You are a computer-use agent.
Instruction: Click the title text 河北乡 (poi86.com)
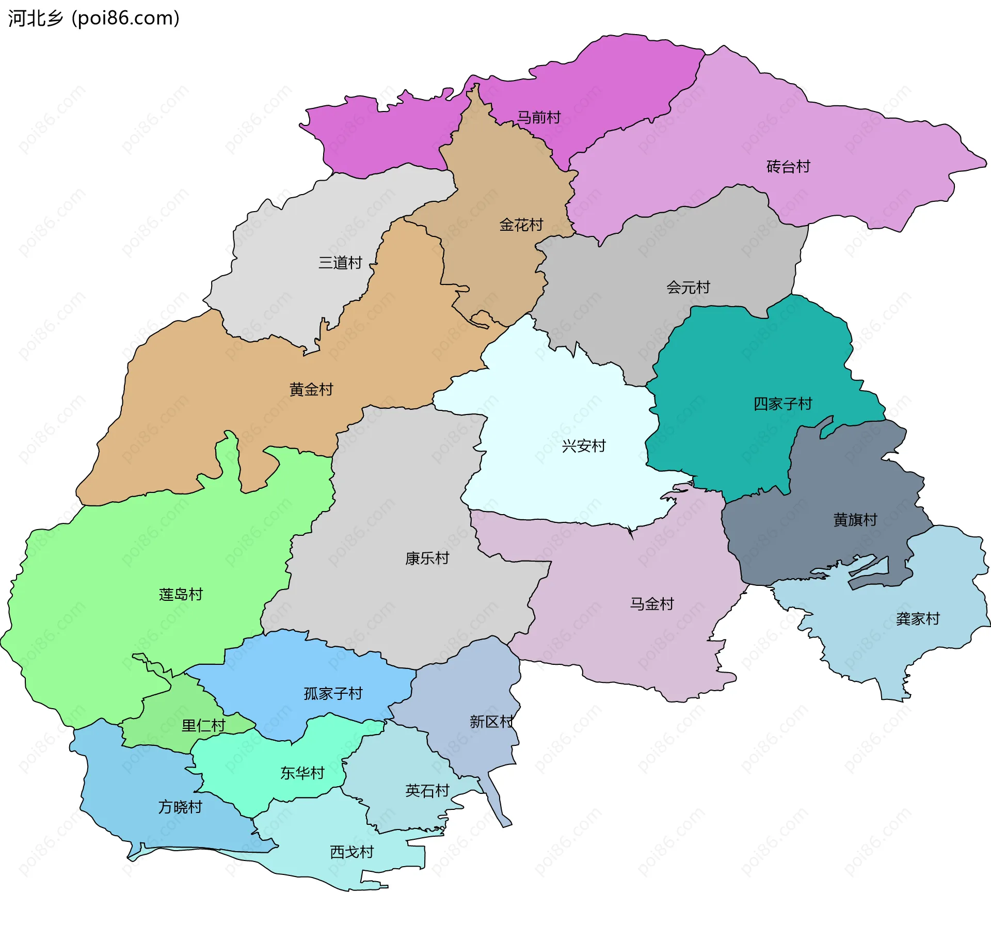pos(93,18)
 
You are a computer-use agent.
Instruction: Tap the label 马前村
pos(538,118)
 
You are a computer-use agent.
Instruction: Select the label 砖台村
pos(788,167)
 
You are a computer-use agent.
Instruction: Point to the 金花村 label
pos(521,225)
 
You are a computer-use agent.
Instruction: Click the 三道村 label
pos(340,263)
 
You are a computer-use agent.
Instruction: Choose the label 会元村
pos(688,288)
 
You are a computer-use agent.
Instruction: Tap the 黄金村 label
pos(311,389)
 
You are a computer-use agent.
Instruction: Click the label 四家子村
pos(782,404)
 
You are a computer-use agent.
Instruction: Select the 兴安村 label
pos(583,446)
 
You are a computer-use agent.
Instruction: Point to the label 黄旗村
pos(855,520)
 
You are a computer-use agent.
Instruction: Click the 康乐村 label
pos(427,559)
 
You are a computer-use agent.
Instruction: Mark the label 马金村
pos(652,604)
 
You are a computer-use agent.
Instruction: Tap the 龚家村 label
pos(918,619)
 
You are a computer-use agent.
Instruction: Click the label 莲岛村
pos(181,595)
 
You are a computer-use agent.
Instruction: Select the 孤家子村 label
pos(333,694)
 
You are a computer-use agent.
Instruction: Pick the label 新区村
pos(491,722)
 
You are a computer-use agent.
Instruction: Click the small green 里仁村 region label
pos(203,726)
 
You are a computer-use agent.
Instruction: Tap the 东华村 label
pos(302,773)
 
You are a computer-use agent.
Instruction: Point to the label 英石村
pos(427,791)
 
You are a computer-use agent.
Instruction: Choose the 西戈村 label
pos(351,852)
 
